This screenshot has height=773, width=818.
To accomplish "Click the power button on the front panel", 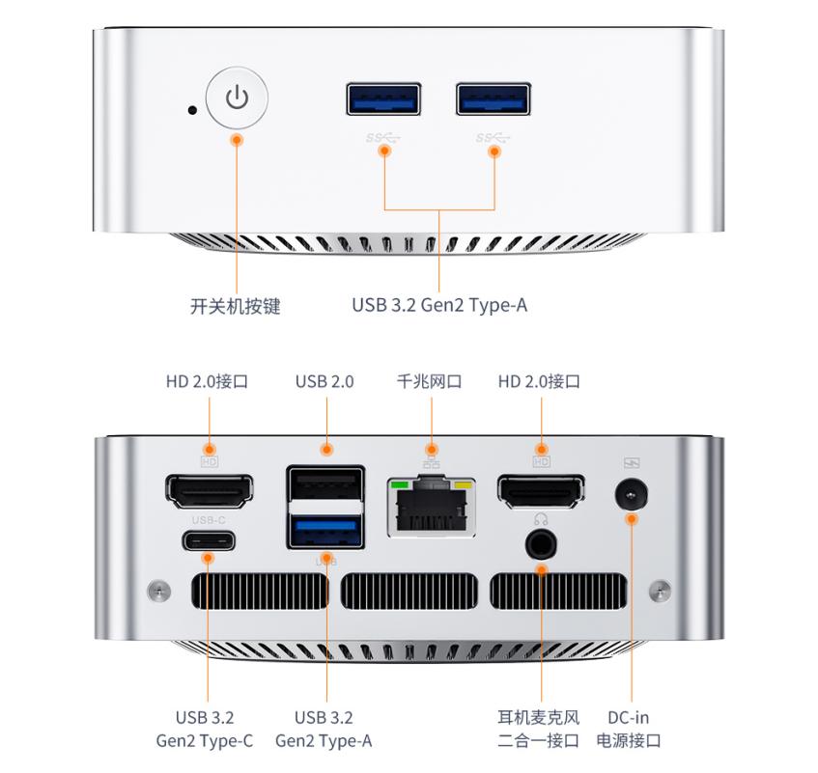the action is (x=237, y=97).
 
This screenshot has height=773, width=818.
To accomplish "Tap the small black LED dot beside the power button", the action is (x=192, y=110).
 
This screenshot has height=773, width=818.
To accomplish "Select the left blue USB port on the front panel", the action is (x=383, y=98).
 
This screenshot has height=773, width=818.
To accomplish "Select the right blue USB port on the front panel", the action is (x=494, y=98).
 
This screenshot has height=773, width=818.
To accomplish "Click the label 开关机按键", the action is (x=236, y=306).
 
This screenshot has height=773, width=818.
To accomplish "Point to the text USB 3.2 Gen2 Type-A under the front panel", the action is (x=439, y=305).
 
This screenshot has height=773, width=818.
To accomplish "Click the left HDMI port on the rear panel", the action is (x=210, y=491).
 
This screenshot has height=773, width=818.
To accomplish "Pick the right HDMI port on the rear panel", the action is (x=541, y=491).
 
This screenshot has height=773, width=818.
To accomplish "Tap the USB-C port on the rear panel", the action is (x=209, y=540).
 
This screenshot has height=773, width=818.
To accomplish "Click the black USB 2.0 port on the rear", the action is (x=325, y=483).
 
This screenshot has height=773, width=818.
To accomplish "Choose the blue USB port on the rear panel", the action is (x=325, y=531).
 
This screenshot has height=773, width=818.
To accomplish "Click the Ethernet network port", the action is (x=431, y=507).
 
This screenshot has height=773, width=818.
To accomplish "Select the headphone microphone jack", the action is (x=541, y=545).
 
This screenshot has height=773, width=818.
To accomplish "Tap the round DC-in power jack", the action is (x=632, y=494).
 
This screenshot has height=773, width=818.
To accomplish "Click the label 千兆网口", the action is (x=430, y=381).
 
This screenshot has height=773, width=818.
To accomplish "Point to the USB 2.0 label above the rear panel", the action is (x=324, y=381).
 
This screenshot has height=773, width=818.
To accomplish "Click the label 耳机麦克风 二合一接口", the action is (x=538, y=729).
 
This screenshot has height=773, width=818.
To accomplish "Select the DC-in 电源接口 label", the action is (x=629, y=729).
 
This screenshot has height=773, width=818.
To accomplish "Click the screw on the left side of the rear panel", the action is (x=158, y=590).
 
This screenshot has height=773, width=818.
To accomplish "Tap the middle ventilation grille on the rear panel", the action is (x=409, y=591).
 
